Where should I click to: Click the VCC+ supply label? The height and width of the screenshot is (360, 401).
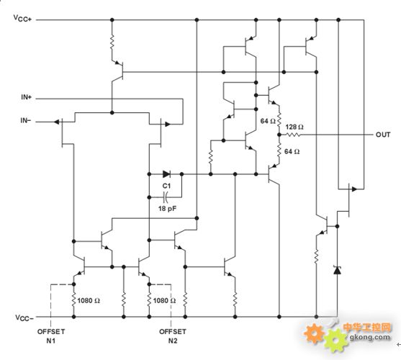tap(22, 19)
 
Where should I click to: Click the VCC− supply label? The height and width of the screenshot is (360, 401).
tap(24, 318)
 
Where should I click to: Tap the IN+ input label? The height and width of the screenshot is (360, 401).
tap(27, 97)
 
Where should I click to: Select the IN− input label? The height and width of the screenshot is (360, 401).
tap(26, 120)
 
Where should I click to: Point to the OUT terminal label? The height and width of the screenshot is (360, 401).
tap(383, 135)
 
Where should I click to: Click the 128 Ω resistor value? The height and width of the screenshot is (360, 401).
tap(294, 127)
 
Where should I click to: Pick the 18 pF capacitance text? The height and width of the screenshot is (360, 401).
tap(167, 209)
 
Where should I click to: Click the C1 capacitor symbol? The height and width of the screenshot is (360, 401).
tap(166, 197)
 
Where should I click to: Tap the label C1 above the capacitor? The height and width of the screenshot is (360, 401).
tap(166, 186)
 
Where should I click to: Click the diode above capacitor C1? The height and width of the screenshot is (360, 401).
tap(166, 174)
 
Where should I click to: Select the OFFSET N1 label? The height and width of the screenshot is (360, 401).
tap(51, 336)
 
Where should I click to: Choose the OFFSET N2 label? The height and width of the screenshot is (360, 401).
tap(173, 336)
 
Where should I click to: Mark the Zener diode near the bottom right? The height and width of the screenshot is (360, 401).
tap(337, 270)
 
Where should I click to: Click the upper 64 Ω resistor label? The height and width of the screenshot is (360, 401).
tap(268, 121)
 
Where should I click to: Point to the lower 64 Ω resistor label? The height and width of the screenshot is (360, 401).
tap(292, 152)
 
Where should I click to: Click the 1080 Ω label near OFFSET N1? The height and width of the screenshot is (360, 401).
tap(89, 301)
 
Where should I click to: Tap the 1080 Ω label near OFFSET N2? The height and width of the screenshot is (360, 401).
tap(164, 301)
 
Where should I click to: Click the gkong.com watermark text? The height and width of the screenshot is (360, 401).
tap(370, 337)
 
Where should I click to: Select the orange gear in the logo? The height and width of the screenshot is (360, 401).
tap(315, 333)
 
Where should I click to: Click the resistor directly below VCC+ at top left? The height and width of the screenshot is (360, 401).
tap(112, 42)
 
